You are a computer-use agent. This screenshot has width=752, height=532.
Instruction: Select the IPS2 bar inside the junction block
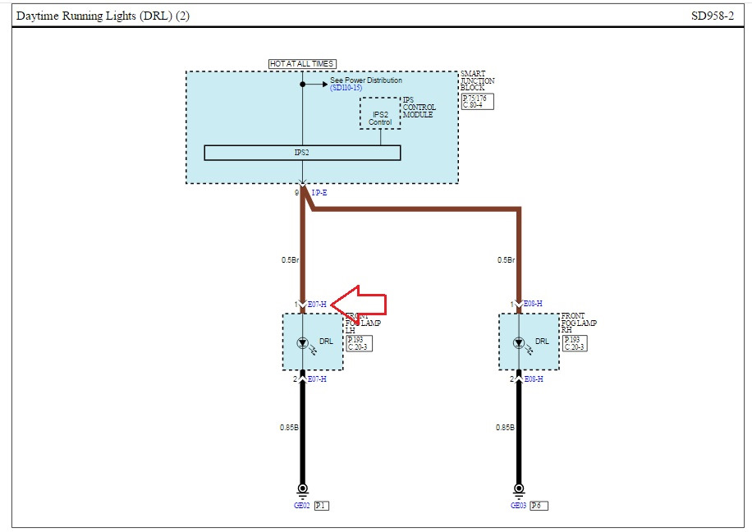pyautogui.click(x=302, y=153)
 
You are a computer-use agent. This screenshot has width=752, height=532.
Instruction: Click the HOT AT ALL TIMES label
pyautogui.click(x=302, y=64)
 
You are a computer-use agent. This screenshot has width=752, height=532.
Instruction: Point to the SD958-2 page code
pyautogui.click(x=711, y=16)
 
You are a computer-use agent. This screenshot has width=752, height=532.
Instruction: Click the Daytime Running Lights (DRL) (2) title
pyautogui.click(x=103, y=16)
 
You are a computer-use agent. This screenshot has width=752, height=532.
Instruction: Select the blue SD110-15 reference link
pyautogui.click(x=346, y=88)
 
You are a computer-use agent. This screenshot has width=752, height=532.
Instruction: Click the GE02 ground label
pyautogui.click(x=301, y=506)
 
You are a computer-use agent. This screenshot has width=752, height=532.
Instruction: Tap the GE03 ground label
pyautogui.click(x=518, y=506)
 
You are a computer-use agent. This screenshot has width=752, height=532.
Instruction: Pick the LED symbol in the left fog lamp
pyautogui.click(x=302, y=342)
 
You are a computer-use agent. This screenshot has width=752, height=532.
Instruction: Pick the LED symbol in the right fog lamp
pyautogui.click(x=518, y=342)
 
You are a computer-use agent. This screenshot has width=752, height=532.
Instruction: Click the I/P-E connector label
pyautogui.click(x=319, y=192)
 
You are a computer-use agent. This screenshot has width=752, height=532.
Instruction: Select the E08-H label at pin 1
pyautogui.click(x=534, y=305)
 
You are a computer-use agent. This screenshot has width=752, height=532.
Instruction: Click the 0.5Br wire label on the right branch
pyautogui.click(x=506, y=260)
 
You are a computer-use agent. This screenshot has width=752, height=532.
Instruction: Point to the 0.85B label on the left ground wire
pyautogui.click(x=288, y=428)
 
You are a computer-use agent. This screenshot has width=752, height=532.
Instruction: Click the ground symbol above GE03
pyautogui.click(x=518, y=490)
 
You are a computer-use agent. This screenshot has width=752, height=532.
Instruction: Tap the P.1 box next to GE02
pyautogui.click(x=322, y=506)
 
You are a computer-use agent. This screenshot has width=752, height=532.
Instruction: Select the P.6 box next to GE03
pyautogui.click(x=539, y=506)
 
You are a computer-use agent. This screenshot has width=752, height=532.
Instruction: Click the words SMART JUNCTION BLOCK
pyautogui.click(x=478, y=80)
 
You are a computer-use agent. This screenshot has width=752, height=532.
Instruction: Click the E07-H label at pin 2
pyautogui.click(x=317, y=378)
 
